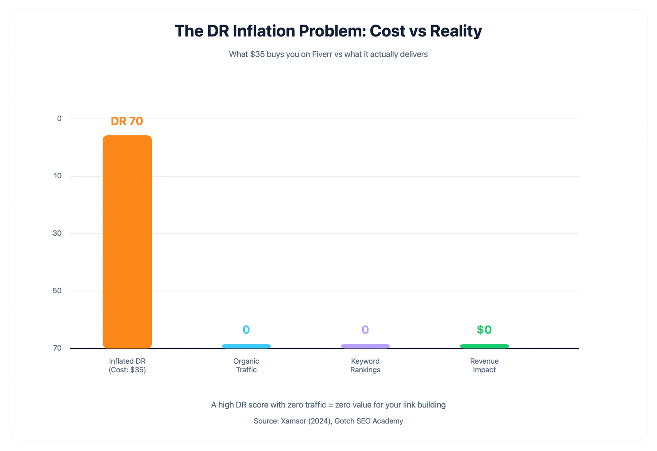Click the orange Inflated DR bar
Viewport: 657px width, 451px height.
(127, 242)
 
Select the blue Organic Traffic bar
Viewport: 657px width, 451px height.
(246, 346)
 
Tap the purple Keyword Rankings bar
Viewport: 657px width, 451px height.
(365, 346)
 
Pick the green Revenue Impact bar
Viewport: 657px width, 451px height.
(485, 346)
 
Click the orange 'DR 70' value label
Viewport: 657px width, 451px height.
(127, 121)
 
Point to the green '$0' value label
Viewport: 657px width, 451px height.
(485, 330)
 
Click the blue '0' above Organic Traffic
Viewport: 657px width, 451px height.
(246, 330)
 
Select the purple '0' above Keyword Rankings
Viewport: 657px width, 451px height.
(365, 330)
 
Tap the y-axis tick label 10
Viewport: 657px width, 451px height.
(57, 176)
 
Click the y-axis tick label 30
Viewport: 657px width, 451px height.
(57, 233)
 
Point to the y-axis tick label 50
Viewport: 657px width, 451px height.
(57, 291)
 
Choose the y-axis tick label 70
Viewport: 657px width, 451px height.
(57, 348)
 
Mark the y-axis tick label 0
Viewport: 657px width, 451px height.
(60, 118)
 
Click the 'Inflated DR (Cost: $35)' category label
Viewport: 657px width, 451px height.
(127, 365)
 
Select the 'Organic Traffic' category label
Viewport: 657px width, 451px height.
(246, 365)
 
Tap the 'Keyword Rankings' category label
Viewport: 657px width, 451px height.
(365, 365)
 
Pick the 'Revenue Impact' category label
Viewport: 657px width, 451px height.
(485, 365)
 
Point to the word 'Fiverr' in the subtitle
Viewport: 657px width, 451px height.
(322, 54)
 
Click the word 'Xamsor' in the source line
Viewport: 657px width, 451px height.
(293, 421)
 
